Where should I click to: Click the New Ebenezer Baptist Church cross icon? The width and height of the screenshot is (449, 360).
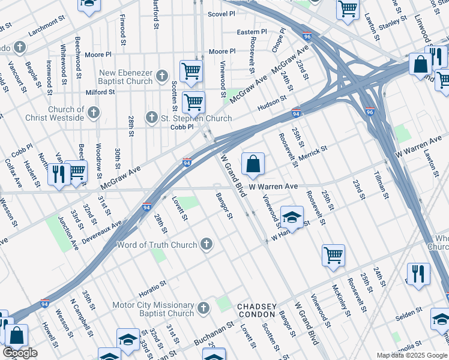point(161,76)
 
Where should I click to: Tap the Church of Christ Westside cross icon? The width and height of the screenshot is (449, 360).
point(93,112)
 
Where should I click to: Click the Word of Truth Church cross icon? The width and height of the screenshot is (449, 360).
point(206,244)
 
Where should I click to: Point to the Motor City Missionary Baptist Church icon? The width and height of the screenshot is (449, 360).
point(203,308)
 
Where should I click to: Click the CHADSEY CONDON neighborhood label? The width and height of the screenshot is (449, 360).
point(256,310)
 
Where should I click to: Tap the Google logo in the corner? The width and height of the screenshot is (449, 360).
point(20,353)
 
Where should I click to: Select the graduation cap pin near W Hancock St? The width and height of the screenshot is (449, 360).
point(292,217)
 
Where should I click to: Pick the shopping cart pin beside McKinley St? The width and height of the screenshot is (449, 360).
point(333,255)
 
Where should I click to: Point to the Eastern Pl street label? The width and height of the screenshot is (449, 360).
point(252,31)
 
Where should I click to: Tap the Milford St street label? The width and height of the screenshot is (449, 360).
point(100,92)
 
